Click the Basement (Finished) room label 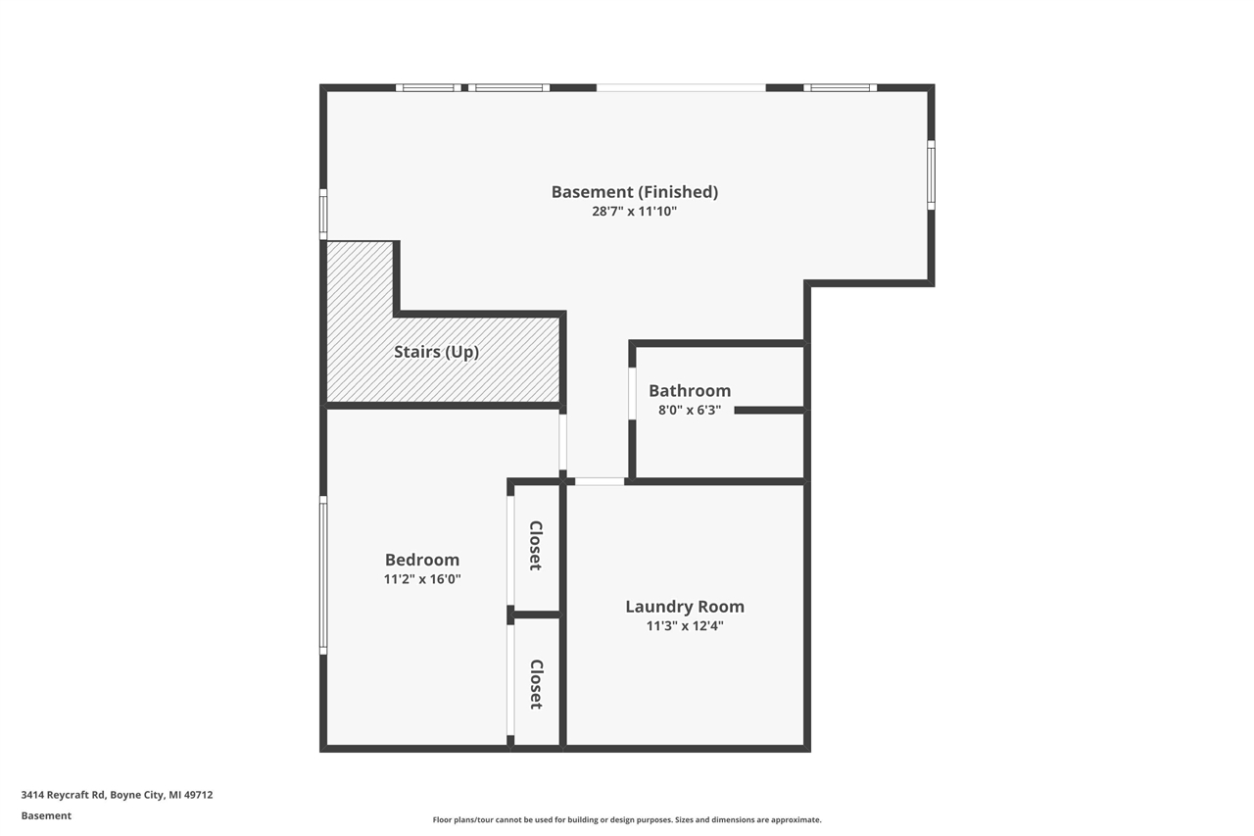[634, 192]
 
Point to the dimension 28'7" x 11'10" [634, 211]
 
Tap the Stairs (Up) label [436, 352]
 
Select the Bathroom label [690, 391]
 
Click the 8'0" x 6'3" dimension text [690, 410]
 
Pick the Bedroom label [421, 560]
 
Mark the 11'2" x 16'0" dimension [421, 579]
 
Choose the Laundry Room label [684, 607]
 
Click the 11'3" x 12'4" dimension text [684, 625]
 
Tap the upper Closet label [536, 545]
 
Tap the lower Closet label [536, 684]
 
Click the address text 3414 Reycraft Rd [117, 795]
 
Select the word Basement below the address [46, 815]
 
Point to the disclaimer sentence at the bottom [627, 819]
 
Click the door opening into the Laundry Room [599, 481]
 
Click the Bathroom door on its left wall [632, 394]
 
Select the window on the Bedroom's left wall [323, 574]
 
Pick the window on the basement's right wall [931, 175]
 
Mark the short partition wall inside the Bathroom [769, 410]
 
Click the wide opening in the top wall [681, 87]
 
